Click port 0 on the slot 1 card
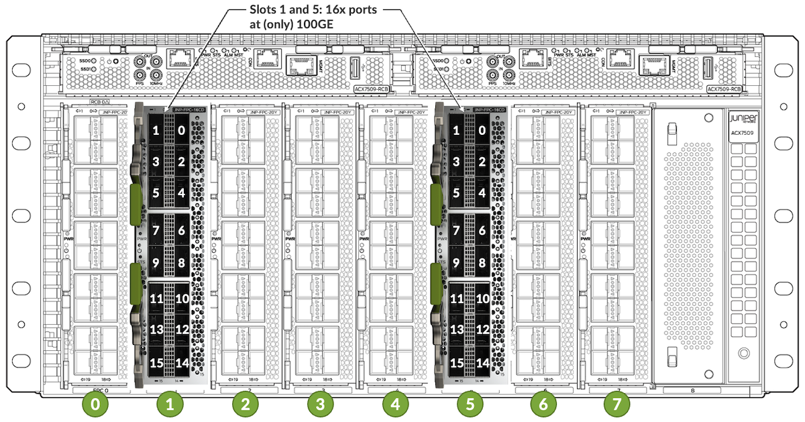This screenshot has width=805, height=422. tap(181, 131)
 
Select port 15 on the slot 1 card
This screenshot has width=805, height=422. tap(156, 363)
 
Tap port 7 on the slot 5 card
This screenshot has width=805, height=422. tap(457, 230)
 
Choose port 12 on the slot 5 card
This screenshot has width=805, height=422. tap(482, 329)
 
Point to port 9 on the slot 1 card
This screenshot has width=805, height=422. tap(156, 263)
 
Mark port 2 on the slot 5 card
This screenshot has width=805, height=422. tap(482, 162)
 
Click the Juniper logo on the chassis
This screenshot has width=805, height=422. tap(743, 118)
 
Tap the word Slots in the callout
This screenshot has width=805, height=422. tap(262, 11)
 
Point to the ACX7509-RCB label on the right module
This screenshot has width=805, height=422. tap(724, 88)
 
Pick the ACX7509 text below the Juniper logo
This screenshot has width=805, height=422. tap(743, 133)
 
